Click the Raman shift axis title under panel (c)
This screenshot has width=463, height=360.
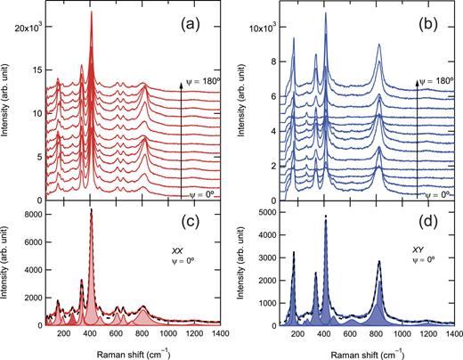(x=126, y=352)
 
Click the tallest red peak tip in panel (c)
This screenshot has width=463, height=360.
(x=91, y=211)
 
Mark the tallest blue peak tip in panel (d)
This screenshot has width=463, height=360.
(x=326, y=217)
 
